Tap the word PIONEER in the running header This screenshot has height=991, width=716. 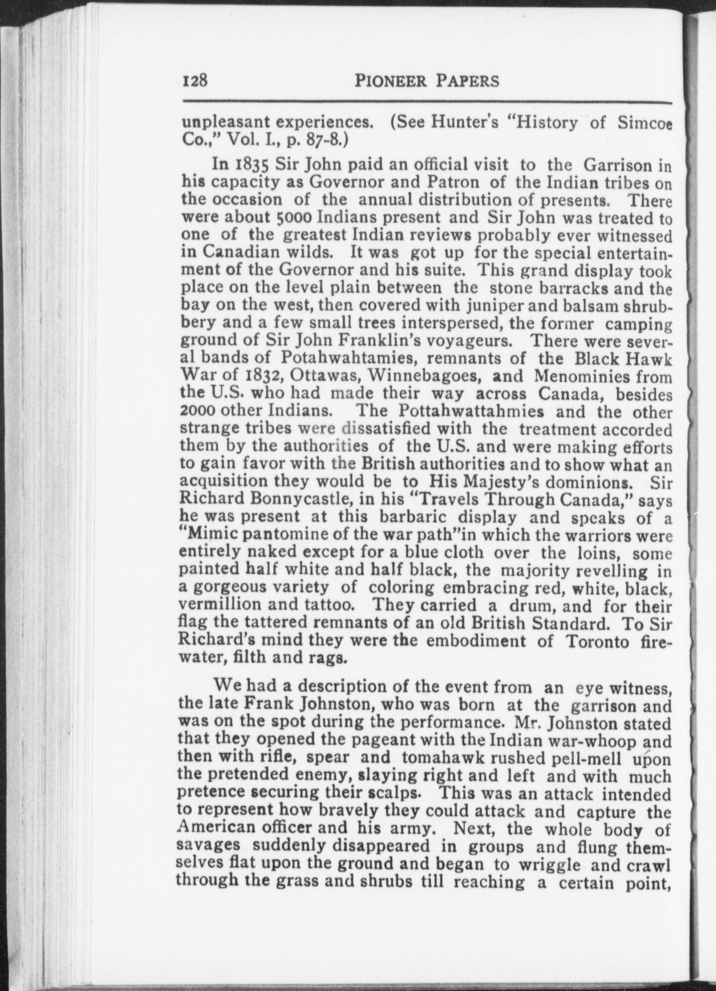(390, 81)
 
